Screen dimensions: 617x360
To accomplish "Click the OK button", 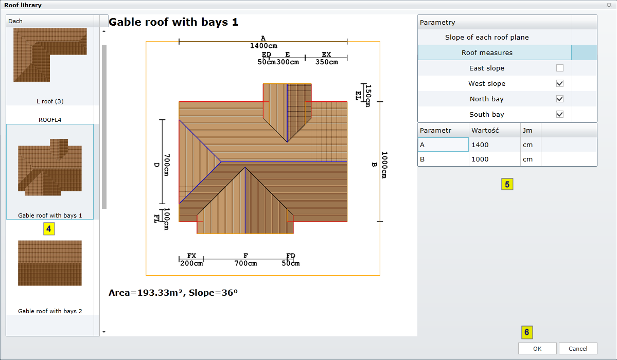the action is pyautogui.click(x=537, y=349).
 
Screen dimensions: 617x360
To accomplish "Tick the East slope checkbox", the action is pyautogui.click(x=559, y=68).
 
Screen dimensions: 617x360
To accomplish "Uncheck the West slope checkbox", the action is pyautogui.click(x=559, y=83).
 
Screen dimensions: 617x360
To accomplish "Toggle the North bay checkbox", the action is pyautogui.click(x=559, y=99).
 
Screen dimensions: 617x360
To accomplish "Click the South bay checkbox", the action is pyautogui.click(x=559, y=114).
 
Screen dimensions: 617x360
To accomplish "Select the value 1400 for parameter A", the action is pyautogui.click(x=480, y=145).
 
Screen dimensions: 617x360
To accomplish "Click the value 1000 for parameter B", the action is pyautogui.click(x=480, y=159).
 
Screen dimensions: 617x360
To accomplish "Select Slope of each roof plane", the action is pyautogui.click(x=487, y=38).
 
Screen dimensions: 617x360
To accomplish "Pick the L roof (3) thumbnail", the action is pyautogui.click(x=50, y=55).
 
